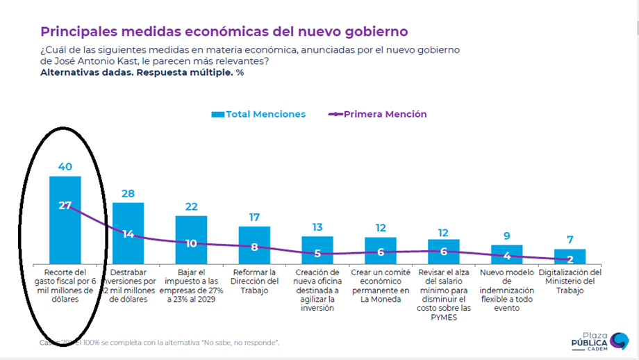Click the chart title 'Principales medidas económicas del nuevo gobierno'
click(224, 32)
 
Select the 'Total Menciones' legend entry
click(258, 114)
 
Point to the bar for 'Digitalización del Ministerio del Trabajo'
click(570, 255)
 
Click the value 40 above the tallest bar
click(65, 167)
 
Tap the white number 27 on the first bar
click(65, 205)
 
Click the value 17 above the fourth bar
click(254, 218)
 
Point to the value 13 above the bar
click(317, 227)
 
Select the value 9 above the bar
click(507, 236)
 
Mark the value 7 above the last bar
click(570, 240)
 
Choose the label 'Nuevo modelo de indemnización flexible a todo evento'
click(507, 290)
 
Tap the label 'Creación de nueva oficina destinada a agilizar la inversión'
click(317, 290)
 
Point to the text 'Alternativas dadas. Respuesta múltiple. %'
click(142, 72)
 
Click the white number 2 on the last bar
click(570, 259)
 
